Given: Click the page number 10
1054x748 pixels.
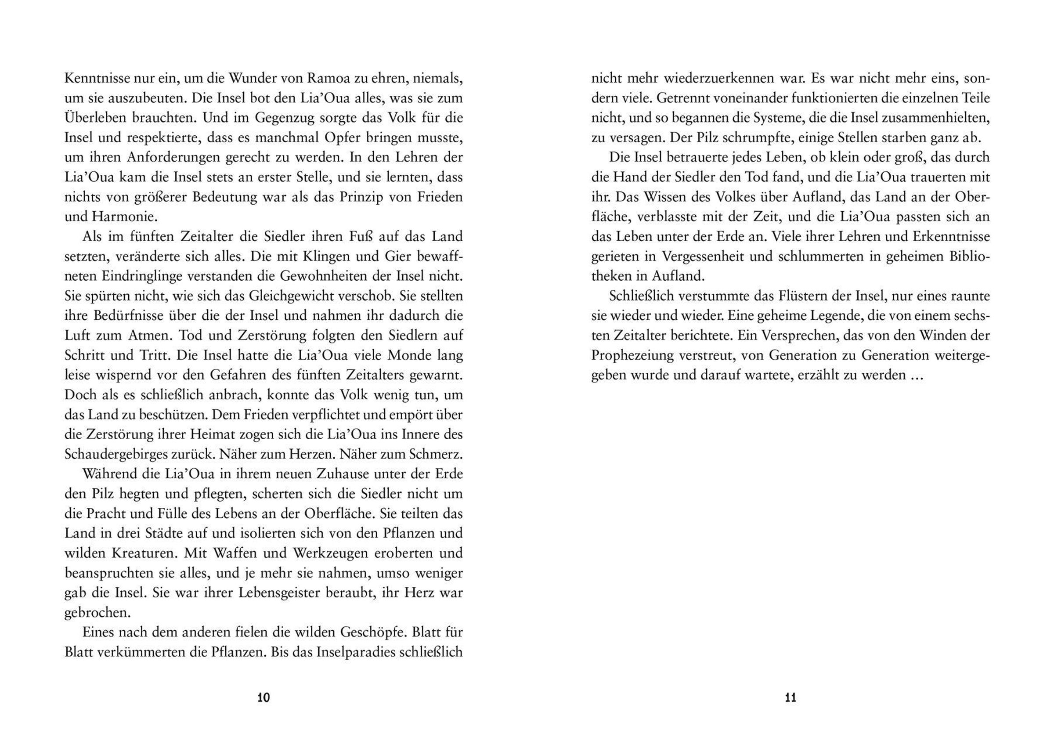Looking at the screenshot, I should click(x=263, y=698).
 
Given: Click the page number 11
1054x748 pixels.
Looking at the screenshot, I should click(x=790, y=698).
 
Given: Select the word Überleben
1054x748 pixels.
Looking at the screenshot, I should click(x=94, y=118).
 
